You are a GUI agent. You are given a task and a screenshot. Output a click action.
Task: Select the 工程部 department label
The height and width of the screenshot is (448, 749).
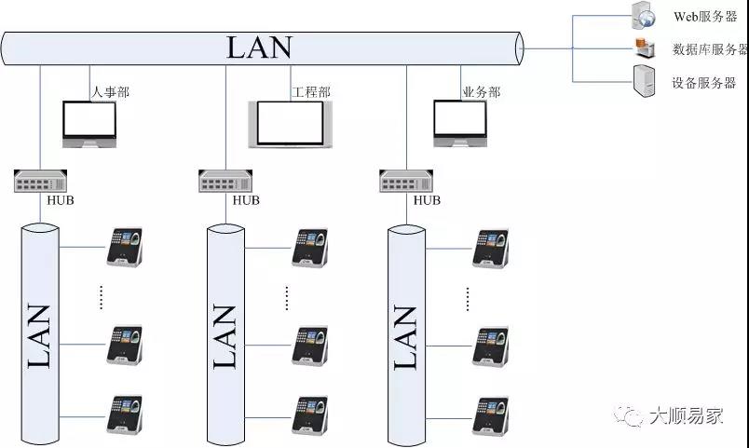[x=311, y=92]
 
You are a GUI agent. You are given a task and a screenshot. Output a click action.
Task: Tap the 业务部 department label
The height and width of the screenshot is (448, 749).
[x=481, y=92]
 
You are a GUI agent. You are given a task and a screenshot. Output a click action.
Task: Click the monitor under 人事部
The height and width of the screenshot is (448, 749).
[x=89, y=124]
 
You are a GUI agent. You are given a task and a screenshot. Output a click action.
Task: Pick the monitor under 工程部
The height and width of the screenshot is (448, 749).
[x=290, y=124]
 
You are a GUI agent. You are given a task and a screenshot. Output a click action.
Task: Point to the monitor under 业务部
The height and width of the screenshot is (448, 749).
[x=459, y=122]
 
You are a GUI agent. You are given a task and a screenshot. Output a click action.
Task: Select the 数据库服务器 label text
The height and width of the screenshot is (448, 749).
[x=709, y=50]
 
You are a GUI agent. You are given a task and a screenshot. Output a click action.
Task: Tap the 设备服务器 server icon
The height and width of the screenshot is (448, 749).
[x=643, y=82]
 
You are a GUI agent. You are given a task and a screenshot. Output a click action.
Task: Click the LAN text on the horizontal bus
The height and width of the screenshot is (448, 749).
[x=259, y=48]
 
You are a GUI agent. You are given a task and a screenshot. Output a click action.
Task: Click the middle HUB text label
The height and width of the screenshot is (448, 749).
[x=246, y=200]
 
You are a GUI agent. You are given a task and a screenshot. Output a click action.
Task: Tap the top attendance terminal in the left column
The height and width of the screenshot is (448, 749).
[x=124, y=247]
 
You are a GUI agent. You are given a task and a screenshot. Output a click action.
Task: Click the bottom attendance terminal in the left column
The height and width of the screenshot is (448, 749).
[x=124, y=414]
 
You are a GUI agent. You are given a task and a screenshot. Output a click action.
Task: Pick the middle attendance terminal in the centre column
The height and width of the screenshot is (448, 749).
[x=310, y=345]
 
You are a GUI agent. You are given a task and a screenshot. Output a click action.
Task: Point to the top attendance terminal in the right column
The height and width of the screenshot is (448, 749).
[x=491, y=247]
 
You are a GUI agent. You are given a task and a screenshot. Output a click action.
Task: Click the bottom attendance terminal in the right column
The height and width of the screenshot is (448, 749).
[x=491, y=414]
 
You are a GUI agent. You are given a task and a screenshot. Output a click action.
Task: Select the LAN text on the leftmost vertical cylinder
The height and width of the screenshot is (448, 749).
[x=39, y=335]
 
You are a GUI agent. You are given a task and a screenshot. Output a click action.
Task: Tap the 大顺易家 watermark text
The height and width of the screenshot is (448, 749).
[x=686, y=415]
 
